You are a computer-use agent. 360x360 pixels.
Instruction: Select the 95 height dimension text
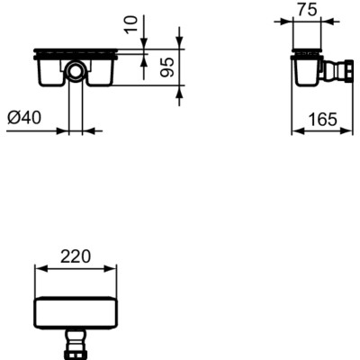tap(166, 67)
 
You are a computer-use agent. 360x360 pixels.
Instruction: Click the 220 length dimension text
tap(76, 256)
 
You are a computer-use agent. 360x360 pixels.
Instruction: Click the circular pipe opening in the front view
tap(75, 70)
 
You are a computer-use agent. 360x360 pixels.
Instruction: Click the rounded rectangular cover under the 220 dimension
tap(75, 311)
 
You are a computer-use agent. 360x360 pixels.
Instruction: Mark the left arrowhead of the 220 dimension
tap(37, 268)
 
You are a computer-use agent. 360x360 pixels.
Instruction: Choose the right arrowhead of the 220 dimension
tap(113, 268)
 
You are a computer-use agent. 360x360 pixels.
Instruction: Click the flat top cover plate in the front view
tap(75, 49)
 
